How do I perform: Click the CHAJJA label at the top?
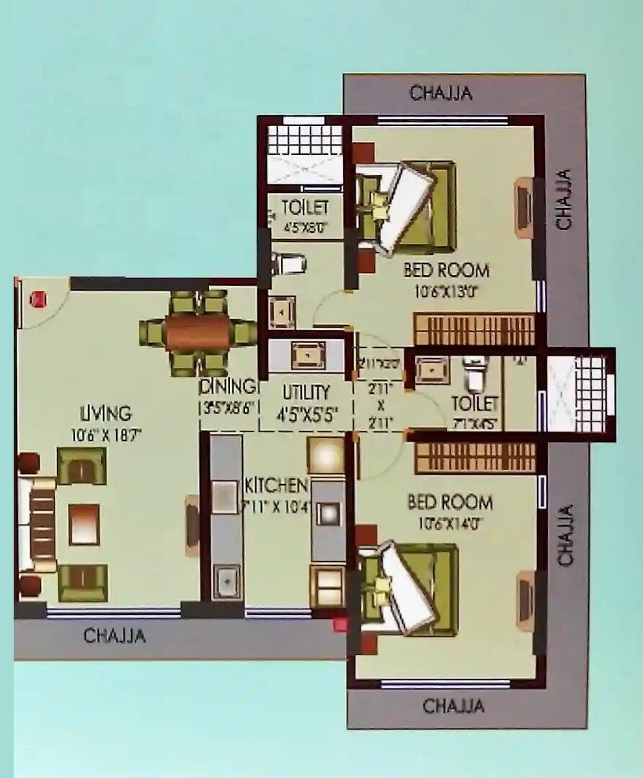[440, 93]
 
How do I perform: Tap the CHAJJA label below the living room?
[114, 636]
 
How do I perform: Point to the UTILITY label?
[306, 393]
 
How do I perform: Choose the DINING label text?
[228, 386]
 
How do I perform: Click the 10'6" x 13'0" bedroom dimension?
[446, 292]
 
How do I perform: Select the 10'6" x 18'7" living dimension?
[106, 434]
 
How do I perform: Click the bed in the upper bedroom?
[407, 207]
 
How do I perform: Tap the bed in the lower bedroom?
[409, 588]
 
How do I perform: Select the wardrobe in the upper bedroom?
[474, 329]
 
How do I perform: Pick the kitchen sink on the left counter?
[226, 578]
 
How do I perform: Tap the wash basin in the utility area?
[306, 354]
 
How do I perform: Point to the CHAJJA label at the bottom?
[453, 706]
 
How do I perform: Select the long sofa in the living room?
[40, 524]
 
